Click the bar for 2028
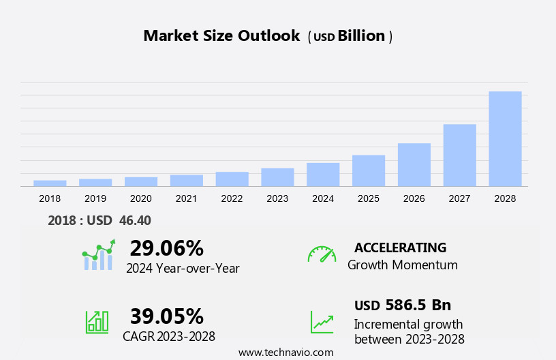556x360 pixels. tap(505, 138)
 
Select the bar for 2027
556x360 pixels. tap(459, 155)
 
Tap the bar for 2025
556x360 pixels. tap(369, 170)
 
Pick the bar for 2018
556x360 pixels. tap(50, 183)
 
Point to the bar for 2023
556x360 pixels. tap(277, 177)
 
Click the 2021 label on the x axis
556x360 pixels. tap(186, 198)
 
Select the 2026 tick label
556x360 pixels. tap(414, 198)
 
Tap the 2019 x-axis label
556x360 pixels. tap(95, 198)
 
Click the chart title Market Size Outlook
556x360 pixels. tap(221, 36)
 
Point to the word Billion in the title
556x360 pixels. tap(361, 36)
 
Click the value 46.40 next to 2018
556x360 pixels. tap(135, 220)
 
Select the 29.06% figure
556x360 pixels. tap(166, 247)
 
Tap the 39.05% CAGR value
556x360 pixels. tap(166, 316)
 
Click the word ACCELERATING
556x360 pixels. tap(400, 247)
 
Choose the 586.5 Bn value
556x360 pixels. tap(418, 305)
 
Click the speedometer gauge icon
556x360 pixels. tap(322, 254)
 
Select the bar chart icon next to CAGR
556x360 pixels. tap(97, 321)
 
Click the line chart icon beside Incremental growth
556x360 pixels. tap(322, 322)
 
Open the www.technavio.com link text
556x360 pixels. tap(285, 352)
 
